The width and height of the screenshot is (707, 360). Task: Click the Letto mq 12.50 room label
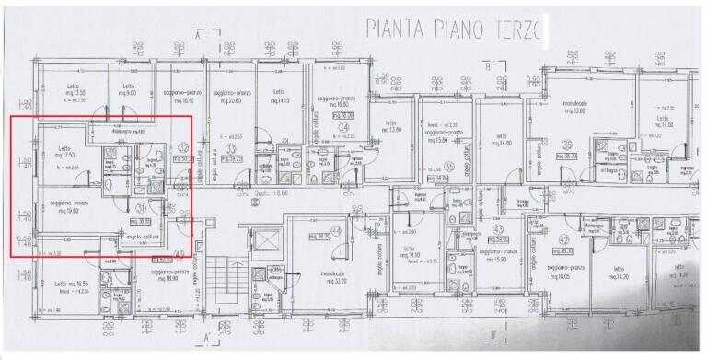tap(64, 152)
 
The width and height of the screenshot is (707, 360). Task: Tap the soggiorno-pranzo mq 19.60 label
tap(64, 207)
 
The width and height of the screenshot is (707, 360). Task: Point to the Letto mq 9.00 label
tap(129, 91)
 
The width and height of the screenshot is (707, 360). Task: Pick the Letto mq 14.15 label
tap(280, 97)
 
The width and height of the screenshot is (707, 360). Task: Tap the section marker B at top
tap(493, 64)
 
